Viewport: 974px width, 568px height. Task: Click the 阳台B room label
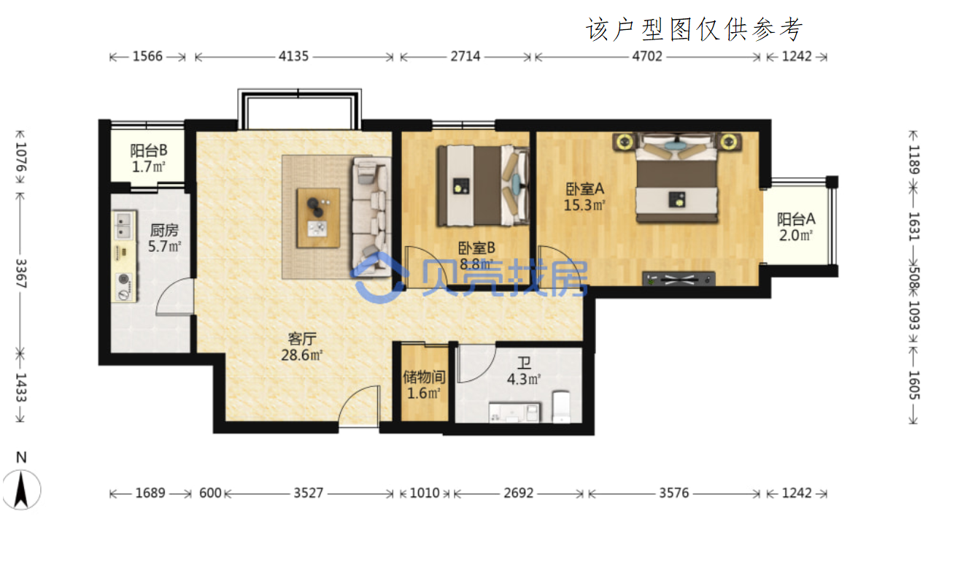tap(149, 150)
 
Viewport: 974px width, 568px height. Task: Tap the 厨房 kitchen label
tap(164, 230)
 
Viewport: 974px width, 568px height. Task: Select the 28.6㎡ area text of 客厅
tap(302, 355)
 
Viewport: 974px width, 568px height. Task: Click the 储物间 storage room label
tap(424, 377)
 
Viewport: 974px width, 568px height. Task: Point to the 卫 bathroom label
tap(524, 363)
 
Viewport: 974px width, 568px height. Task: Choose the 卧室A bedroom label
tap(584, 189)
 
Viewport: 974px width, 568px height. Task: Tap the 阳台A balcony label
tap(796, 219)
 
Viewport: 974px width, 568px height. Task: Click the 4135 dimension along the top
tap(293, 56)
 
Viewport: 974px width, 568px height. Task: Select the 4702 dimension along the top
tap(647, 56)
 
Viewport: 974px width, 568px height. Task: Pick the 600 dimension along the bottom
tap(210, 493)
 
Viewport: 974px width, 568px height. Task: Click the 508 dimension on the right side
tap(914, 279)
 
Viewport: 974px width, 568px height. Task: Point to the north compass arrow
tap(21, 491)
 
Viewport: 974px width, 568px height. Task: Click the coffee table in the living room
tap(318, 218)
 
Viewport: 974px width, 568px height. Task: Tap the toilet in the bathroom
tap(561, 407)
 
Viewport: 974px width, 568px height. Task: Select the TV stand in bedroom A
tap(679, 279)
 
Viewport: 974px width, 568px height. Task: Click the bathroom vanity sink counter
tap(515, 412)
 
